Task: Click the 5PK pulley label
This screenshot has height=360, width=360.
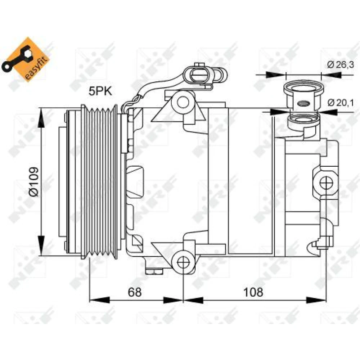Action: pyautogui.click(x=100, y=91)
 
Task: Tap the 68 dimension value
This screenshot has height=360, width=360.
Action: pyautogui.click(x=135, y=292)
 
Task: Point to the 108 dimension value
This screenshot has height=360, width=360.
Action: pyautogui.click(x=253, y=292)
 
